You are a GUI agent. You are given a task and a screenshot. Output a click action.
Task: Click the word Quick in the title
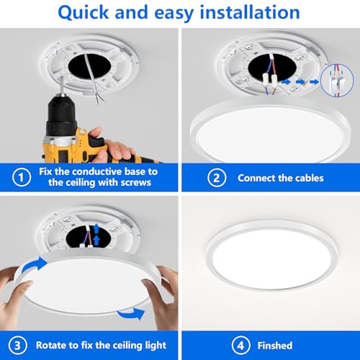click(83, 13)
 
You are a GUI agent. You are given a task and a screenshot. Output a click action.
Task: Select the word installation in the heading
click(250, 12)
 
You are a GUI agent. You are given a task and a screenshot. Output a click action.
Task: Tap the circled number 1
click(22, 177)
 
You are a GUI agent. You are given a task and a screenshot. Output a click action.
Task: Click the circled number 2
click(217, 178)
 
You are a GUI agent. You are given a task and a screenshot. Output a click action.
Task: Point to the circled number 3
click(17, 346)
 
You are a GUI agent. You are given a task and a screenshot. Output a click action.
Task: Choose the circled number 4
click(240, 346)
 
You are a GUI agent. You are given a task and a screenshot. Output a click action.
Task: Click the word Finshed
click(275, 346)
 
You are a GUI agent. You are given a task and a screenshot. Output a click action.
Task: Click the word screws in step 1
click(136, 182)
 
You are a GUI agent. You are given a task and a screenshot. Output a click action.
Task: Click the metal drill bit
click(62, 86)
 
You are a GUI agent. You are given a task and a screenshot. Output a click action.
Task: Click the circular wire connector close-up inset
click(337, 81)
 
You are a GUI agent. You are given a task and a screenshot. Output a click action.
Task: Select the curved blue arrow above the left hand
click(34, 266)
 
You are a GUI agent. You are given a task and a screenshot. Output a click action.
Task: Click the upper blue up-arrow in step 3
click(96, 228)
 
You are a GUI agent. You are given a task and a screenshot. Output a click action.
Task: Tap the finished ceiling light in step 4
click(271, 254)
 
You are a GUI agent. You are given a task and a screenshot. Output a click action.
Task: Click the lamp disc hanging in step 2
click(271, 132)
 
